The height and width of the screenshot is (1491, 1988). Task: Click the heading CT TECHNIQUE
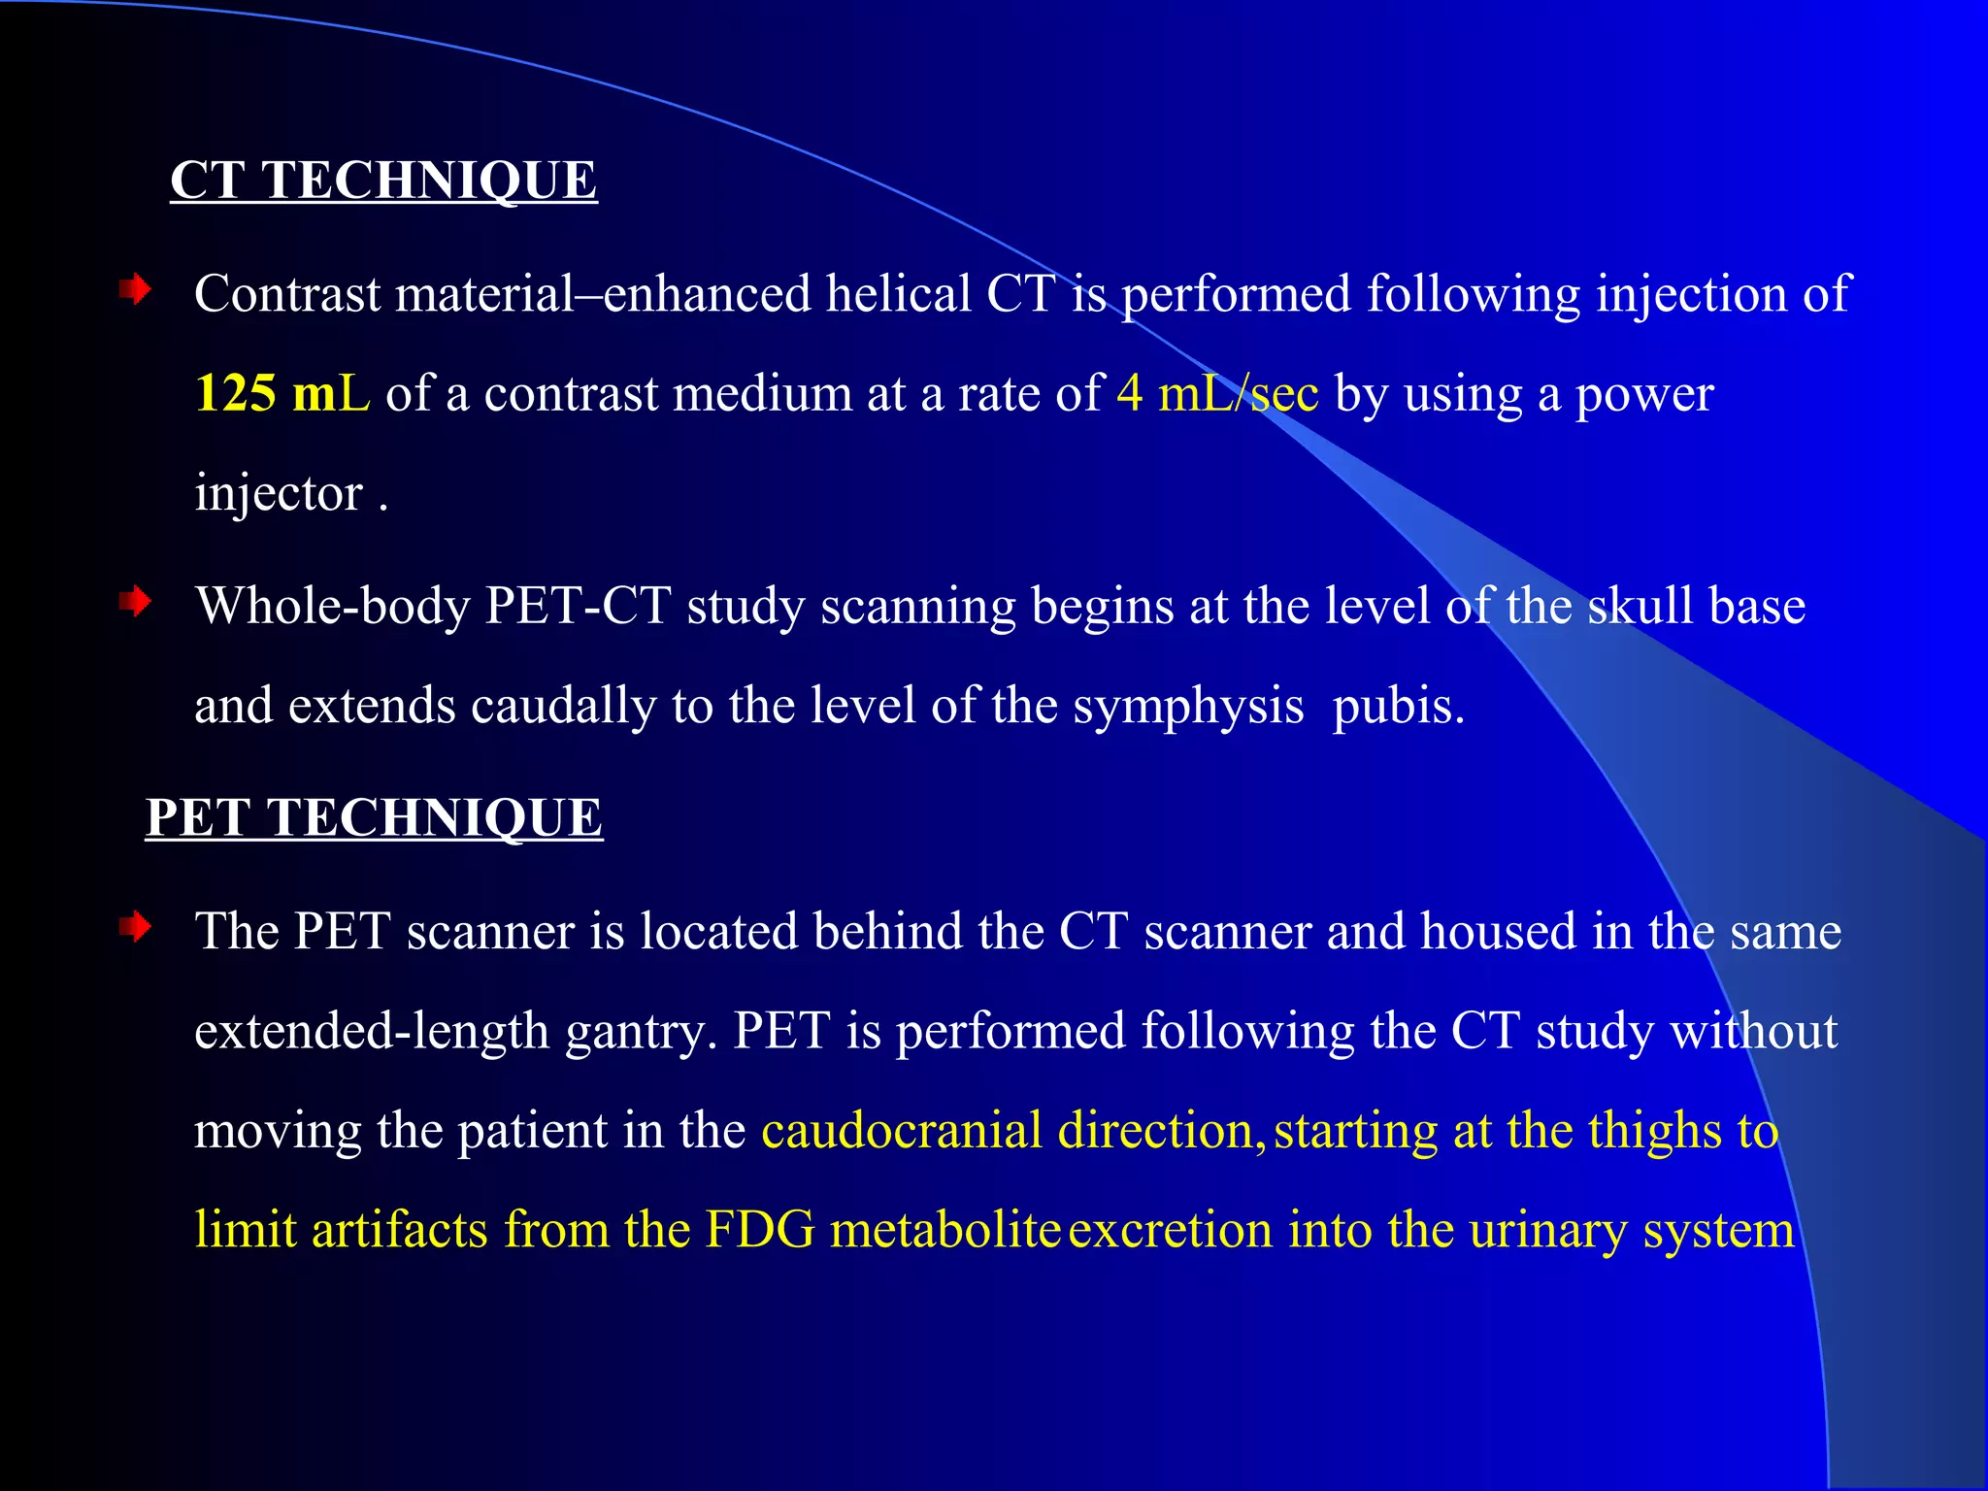[x=383, y=181]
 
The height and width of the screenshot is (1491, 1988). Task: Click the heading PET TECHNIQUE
[x=374, y=817]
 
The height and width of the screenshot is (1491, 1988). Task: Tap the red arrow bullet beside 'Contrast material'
[x=136, y=289]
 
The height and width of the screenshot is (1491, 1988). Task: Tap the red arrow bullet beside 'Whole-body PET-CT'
[x=136, y=602]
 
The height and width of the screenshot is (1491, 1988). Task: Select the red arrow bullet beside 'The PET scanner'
[x=136, y=927]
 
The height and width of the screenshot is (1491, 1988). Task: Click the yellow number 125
[x=236, y=393]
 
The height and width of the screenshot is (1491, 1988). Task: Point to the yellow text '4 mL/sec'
[x=1217, y=393]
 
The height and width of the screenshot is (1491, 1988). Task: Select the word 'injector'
[x=279, y=493]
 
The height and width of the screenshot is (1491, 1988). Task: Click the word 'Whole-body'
[x=332, y=606]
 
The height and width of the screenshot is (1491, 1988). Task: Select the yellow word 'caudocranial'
[x=902, y=1131]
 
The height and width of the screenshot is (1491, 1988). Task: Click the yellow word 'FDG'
[x=760, y=1230]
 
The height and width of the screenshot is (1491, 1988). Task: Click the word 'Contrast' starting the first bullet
[x=287, y=293]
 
